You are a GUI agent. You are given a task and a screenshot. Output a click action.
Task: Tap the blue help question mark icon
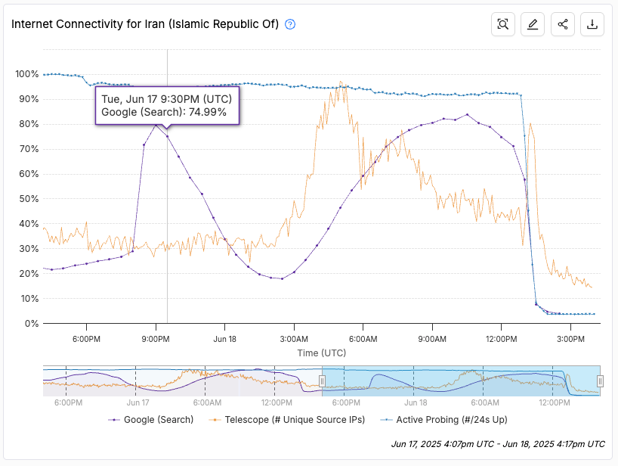click(x=290, y=24)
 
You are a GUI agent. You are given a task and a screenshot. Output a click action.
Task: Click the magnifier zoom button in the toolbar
click(x=502, y=24)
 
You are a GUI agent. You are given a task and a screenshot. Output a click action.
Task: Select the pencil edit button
click(x=533, y=24)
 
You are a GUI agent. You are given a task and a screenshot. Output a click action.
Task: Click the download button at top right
click(x=592, y=24)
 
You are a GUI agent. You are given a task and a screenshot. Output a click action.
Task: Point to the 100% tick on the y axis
click(x=26, y=74)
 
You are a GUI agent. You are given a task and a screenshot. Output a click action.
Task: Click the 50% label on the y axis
click(x=29, y=198)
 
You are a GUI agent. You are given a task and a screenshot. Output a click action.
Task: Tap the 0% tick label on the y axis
click(x=31, y=323)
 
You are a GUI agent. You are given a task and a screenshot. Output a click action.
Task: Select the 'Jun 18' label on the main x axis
click(x=225, y=339)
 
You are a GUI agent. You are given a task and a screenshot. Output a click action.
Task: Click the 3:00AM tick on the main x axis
click(x=293, y=339)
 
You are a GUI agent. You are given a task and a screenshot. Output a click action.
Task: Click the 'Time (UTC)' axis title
click(x=323, y=353)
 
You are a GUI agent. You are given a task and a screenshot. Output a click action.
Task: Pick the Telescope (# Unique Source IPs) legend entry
click(x=286, y=419)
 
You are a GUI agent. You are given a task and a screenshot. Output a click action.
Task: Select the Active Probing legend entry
click(x=446, y=419)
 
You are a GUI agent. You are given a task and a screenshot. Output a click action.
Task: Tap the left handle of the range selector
click(x=322, y=381)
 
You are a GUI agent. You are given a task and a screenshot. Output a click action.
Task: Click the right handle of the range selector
click(x=600, y=381)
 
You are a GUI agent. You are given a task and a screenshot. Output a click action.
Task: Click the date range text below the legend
click(x=498, y=443)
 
